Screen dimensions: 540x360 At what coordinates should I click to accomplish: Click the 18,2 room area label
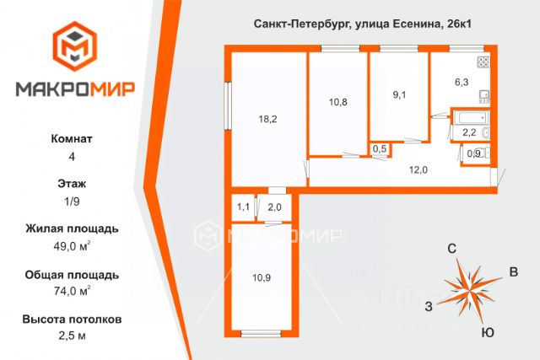pyautogui.click(x=268, y=120)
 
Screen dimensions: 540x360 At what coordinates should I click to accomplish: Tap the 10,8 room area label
pyautogui.click(x=337, y=102)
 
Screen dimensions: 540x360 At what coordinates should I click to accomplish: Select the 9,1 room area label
pyautogui.click(x=399, y=94)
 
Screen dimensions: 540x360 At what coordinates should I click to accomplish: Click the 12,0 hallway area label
pyautogui.click(x=418, y=169)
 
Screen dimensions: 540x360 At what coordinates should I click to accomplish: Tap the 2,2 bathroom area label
pyautogui.click(x=469, y=132)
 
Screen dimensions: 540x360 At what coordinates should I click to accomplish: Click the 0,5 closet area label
pyautogui.click(x=380, y=149)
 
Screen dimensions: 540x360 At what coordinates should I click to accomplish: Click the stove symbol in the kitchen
pyautogui.click(x=483, y=62)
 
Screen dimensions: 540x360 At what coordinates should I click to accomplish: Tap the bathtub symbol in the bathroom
pyautogui.click(x=468, y=117)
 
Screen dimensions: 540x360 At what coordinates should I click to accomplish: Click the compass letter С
pyautogui.click(x=451, y=248)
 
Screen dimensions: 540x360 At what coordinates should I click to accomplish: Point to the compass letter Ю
pyautogui.click(x=487, y=333)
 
